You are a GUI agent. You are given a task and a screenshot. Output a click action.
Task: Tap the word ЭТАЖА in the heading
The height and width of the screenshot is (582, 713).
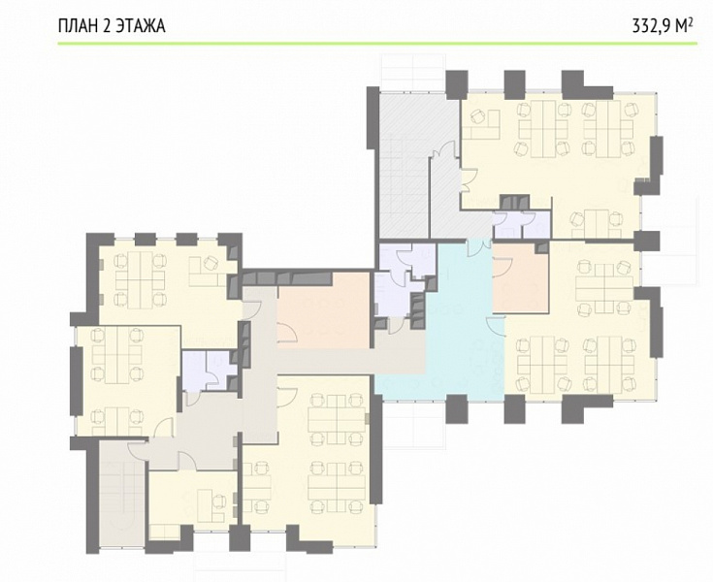click(140, 26)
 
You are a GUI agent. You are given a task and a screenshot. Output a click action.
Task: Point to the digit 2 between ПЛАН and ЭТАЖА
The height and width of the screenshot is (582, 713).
click(105, 26)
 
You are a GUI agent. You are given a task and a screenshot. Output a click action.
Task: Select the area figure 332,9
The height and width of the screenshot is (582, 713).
click(651, 26)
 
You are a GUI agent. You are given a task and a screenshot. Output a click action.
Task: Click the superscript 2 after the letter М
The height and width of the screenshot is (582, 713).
click(691, 21)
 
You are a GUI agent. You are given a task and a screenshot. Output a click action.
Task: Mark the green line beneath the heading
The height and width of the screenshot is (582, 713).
click(377, 44)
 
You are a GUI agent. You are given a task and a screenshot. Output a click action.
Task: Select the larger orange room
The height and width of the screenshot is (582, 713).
click(323, 310)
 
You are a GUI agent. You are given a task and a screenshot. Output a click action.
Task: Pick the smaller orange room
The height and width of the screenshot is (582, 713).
click(521, 277)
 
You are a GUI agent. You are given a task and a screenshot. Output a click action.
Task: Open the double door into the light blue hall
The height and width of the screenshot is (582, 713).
click(477, 247)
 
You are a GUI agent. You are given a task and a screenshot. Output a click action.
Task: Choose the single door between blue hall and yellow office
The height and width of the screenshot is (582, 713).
click(496, 327)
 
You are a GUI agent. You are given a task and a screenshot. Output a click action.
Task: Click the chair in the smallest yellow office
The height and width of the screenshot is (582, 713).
click(218, 501)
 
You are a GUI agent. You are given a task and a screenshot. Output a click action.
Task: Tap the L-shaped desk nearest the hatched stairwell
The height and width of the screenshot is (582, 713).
click(483, 125)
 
